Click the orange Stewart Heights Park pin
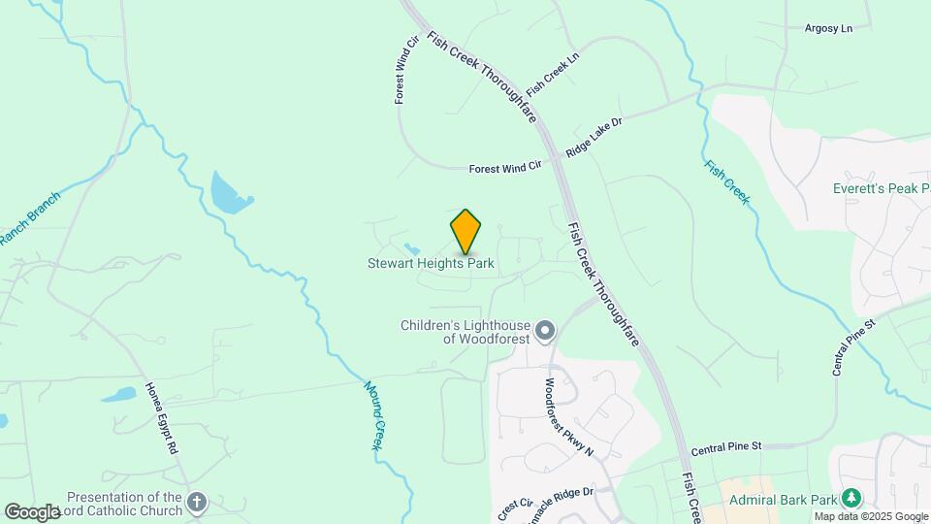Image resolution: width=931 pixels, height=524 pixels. (466, 231)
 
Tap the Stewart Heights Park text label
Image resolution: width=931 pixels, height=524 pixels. (431, 263)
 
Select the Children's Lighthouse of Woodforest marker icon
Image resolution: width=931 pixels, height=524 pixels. (545, 332)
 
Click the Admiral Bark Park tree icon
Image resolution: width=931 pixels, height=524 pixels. (851, 498)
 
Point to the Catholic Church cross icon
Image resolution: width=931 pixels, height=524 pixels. (197, 502)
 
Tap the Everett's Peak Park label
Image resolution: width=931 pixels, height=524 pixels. (881, 188)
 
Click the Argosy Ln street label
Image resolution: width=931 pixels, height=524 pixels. (828, 28)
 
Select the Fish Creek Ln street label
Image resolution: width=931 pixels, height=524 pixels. (552, 74)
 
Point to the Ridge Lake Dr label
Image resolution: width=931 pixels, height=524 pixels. (594, 138)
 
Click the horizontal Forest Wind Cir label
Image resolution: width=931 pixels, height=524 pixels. (504, 168)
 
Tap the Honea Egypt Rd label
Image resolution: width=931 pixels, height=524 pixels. (162, 418)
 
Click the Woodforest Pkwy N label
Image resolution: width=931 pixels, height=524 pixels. (567, 417)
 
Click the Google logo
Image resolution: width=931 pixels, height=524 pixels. (32, 511)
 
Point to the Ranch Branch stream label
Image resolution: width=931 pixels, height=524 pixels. (29, 218)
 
